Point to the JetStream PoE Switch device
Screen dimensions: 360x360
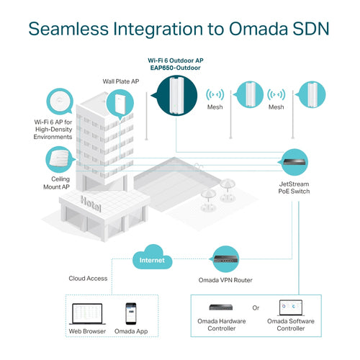tap(296, 166)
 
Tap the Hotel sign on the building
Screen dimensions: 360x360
tap(91, 204)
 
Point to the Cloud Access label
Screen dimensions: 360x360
tap(89, 279)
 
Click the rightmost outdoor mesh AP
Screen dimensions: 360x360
tap(312, 94)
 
